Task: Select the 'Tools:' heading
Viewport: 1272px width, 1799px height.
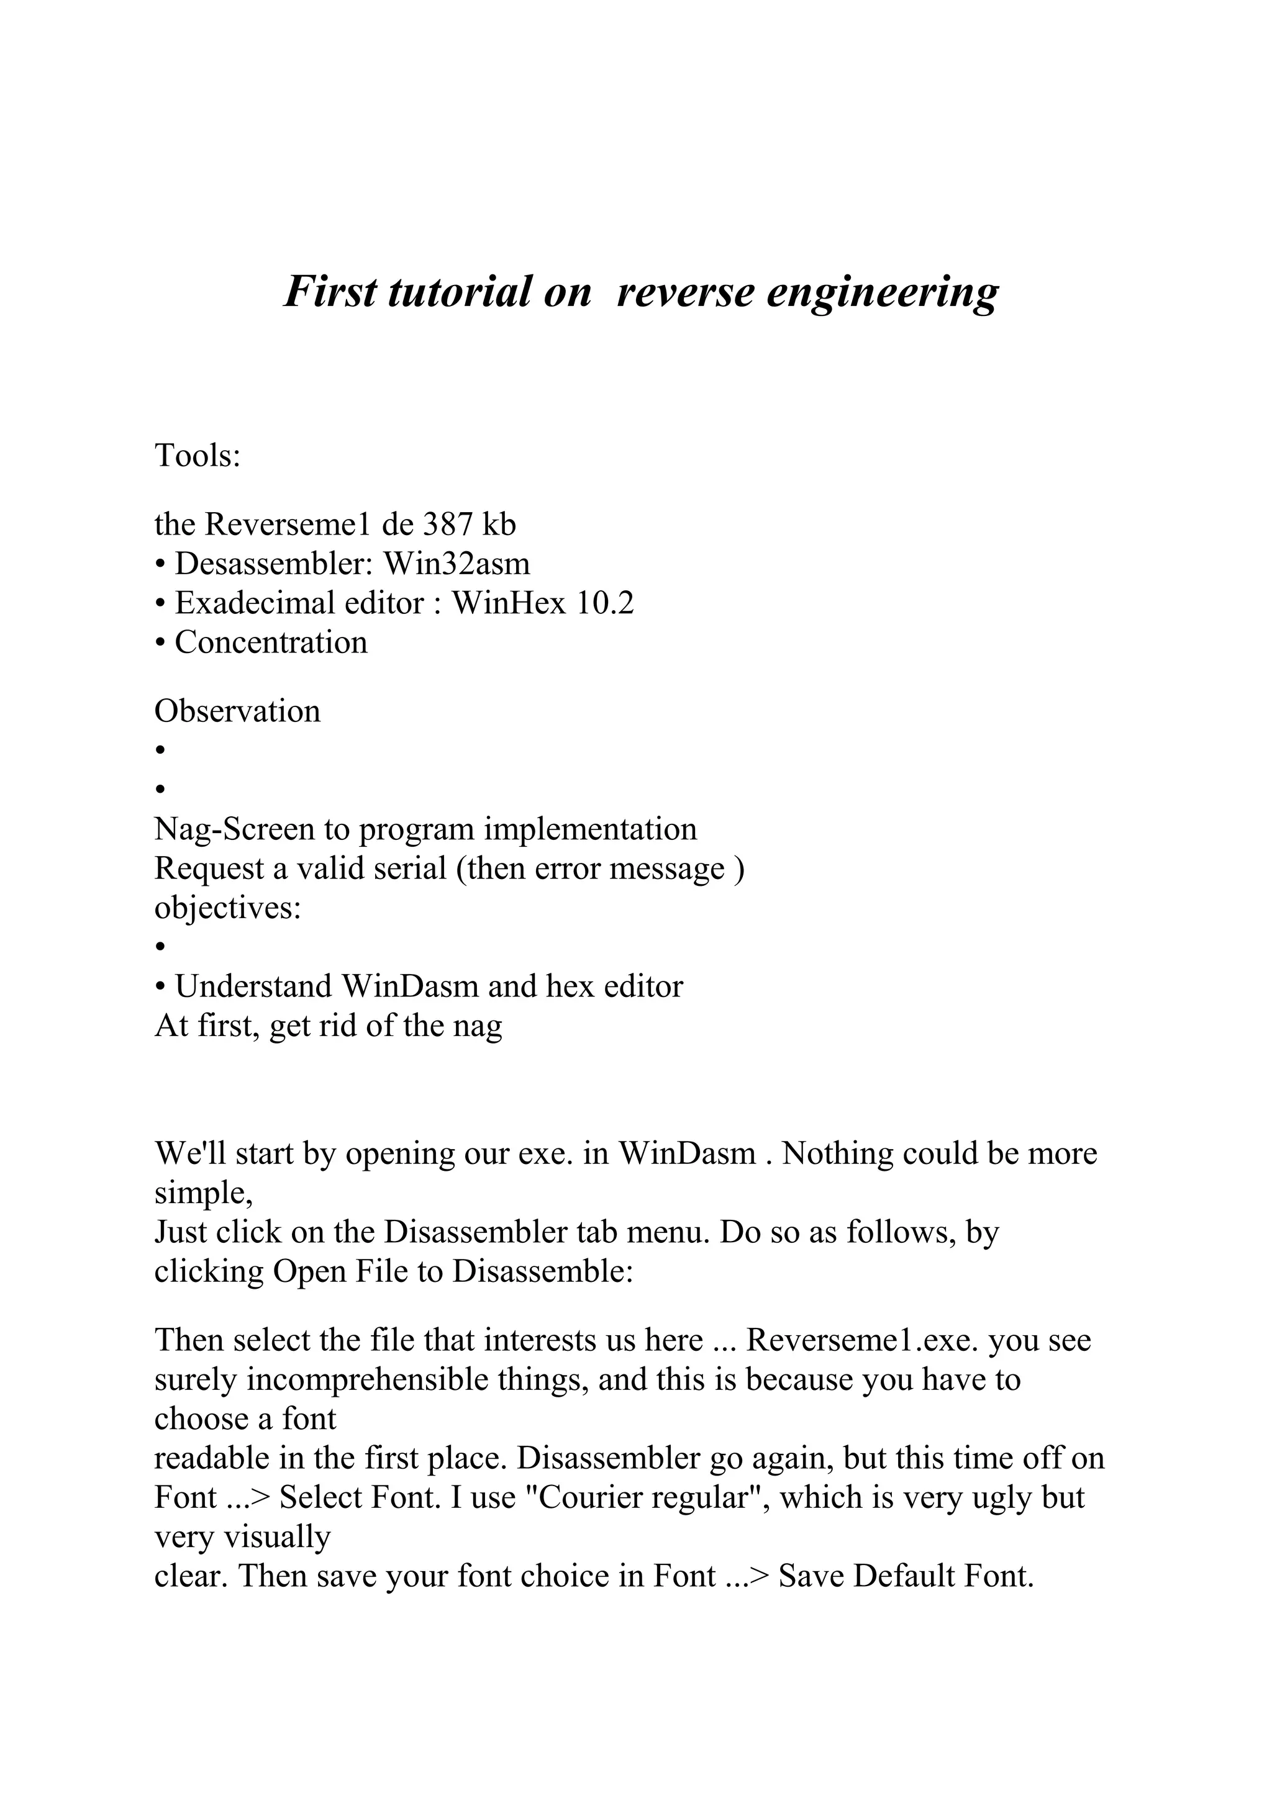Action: (198, 455)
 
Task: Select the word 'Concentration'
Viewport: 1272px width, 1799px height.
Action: (270, 642)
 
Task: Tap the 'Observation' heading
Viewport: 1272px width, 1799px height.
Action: (237, 711)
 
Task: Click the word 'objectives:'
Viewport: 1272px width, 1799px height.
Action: (228, 908)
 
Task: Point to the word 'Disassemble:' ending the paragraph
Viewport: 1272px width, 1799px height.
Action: (542, 1270)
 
